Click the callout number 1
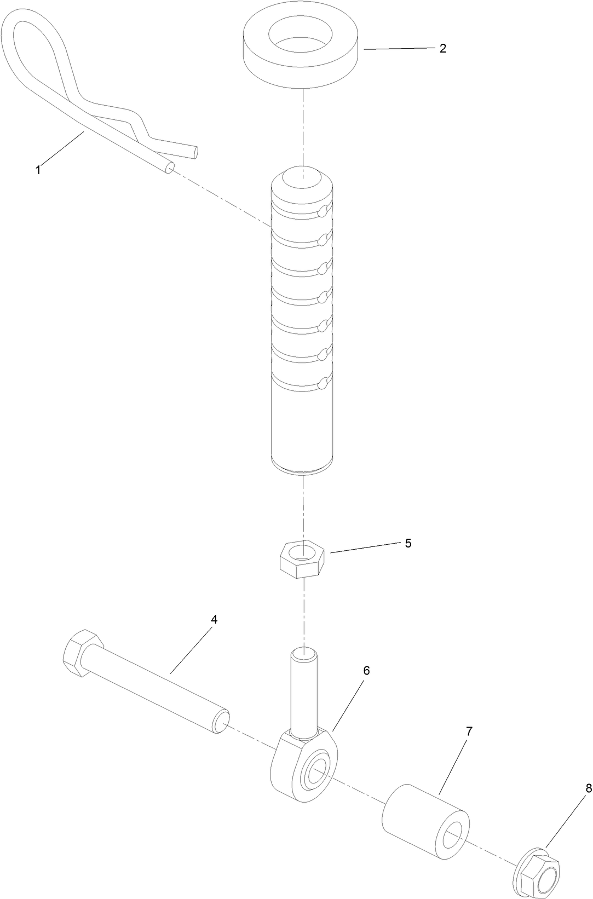pos(38,170)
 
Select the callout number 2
pos(442,48)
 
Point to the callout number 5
pos(408,543)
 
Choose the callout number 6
pos(366,670)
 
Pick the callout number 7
pos(469,731)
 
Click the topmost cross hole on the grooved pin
pos(325,209)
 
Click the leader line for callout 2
pos(400,49)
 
